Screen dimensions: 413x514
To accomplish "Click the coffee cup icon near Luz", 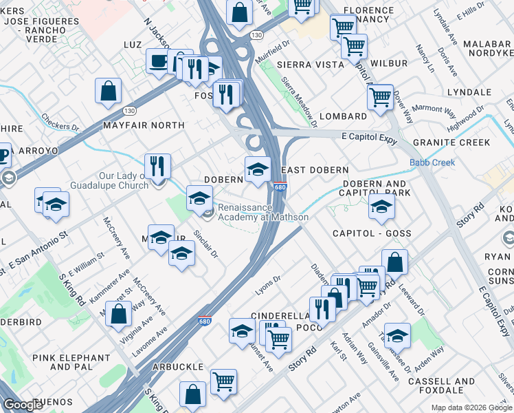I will (158, 61).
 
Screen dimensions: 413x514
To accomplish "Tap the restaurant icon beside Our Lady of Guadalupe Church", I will (157, 166).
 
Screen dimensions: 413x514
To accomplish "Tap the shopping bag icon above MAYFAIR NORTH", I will (109, 90).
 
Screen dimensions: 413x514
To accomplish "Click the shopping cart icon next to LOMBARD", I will (379, 97).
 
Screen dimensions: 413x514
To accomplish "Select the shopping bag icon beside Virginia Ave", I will (120, 313).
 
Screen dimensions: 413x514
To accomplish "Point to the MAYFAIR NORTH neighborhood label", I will (144, 125).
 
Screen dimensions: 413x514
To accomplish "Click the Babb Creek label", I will (432, 163).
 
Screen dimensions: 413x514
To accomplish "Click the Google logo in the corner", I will (23, 405).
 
